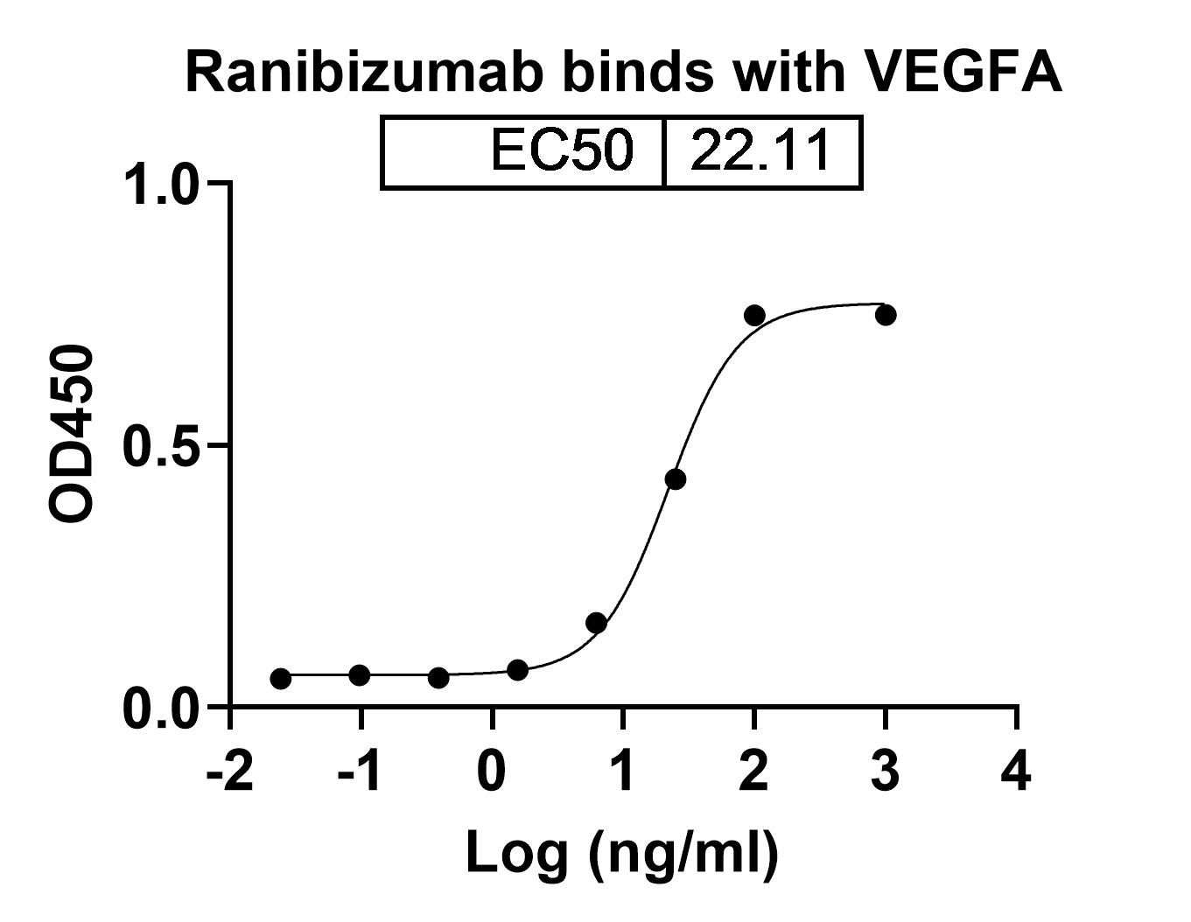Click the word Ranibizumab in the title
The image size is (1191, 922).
pyautogui.click(x=365, y=72)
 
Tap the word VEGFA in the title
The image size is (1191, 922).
pyautogui.click(x=963, y=72)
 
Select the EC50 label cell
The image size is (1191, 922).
pyautogui.click(x=560, y=150)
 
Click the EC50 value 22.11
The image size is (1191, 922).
pyautogui.click(x=760, y=150)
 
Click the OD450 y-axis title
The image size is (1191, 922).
pyautogui.click(x=72, y=435)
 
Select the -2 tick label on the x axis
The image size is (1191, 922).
pyautogui.click(x=229, y=773)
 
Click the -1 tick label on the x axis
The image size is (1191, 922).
pyautogui.click(x=359, y=773)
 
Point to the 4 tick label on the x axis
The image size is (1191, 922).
pyautogui.click(x=1017, y=773)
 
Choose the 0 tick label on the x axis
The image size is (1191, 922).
pyautogui.click(x=493, y=773)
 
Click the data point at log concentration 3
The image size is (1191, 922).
pyautogui.click(x=886, y=315)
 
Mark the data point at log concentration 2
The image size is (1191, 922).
pyautogui.click(x=754, y=315)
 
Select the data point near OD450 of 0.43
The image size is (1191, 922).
pyautogui.click(x=676, y=479)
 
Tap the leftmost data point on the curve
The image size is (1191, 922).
pyautogui.click(x=281, y=679)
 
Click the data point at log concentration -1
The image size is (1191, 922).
pyautogui.click(x=359, y=675)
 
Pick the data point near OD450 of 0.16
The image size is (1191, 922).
pyautogui.click(x=597, y=623)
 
